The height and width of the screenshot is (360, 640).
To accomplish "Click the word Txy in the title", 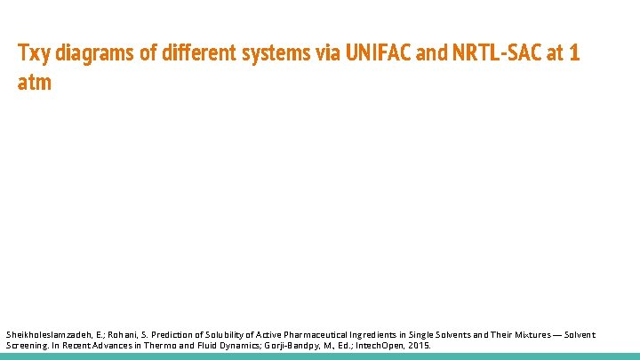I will tap(34, 53).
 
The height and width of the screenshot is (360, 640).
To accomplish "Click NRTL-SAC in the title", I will tap(496, 53).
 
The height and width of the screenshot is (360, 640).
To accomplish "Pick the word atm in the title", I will tap(35, 83).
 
